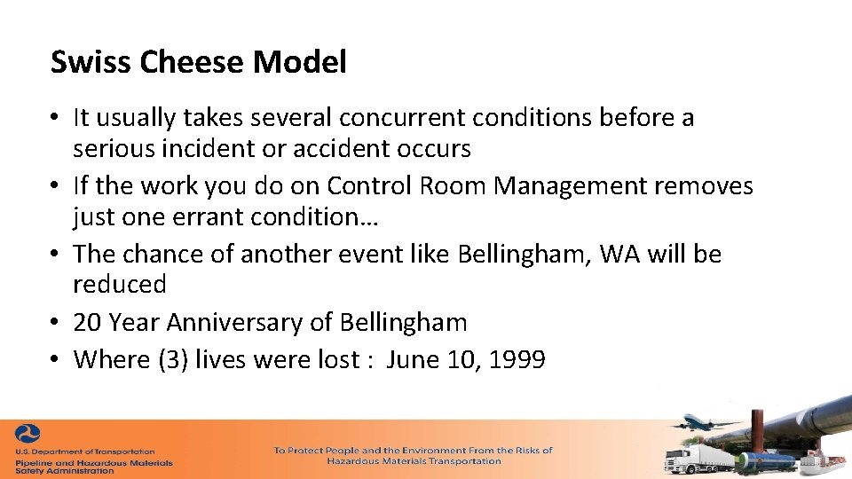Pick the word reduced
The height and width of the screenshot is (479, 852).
[120, 285]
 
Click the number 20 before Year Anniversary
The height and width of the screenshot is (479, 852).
[88, 322]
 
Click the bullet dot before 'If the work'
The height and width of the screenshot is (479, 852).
[55, 187]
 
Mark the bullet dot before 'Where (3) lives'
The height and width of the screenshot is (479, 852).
[55, 360]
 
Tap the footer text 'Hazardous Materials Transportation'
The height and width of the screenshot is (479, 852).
[414, 461]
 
